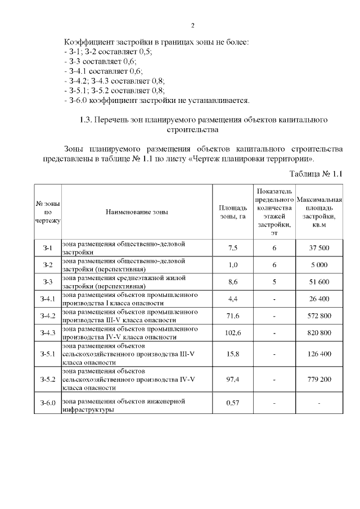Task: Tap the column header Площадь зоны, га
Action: point(233,212)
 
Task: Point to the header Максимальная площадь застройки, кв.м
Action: point(319,212)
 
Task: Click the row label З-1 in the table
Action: point(48,248)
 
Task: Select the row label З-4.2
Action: point(48,316)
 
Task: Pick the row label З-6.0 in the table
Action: point(48,404)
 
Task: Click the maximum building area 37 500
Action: point(319,248)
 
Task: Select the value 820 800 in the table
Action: point(319,332)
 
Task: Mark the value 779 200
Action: point(319,380)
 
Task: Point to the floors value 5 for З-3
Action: point(274,282)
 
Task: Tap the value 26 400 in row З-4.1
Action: point(319,299)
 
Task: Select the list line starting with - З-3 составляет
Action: point(100,61)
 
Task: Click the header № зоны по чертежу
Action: point(48,212)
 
